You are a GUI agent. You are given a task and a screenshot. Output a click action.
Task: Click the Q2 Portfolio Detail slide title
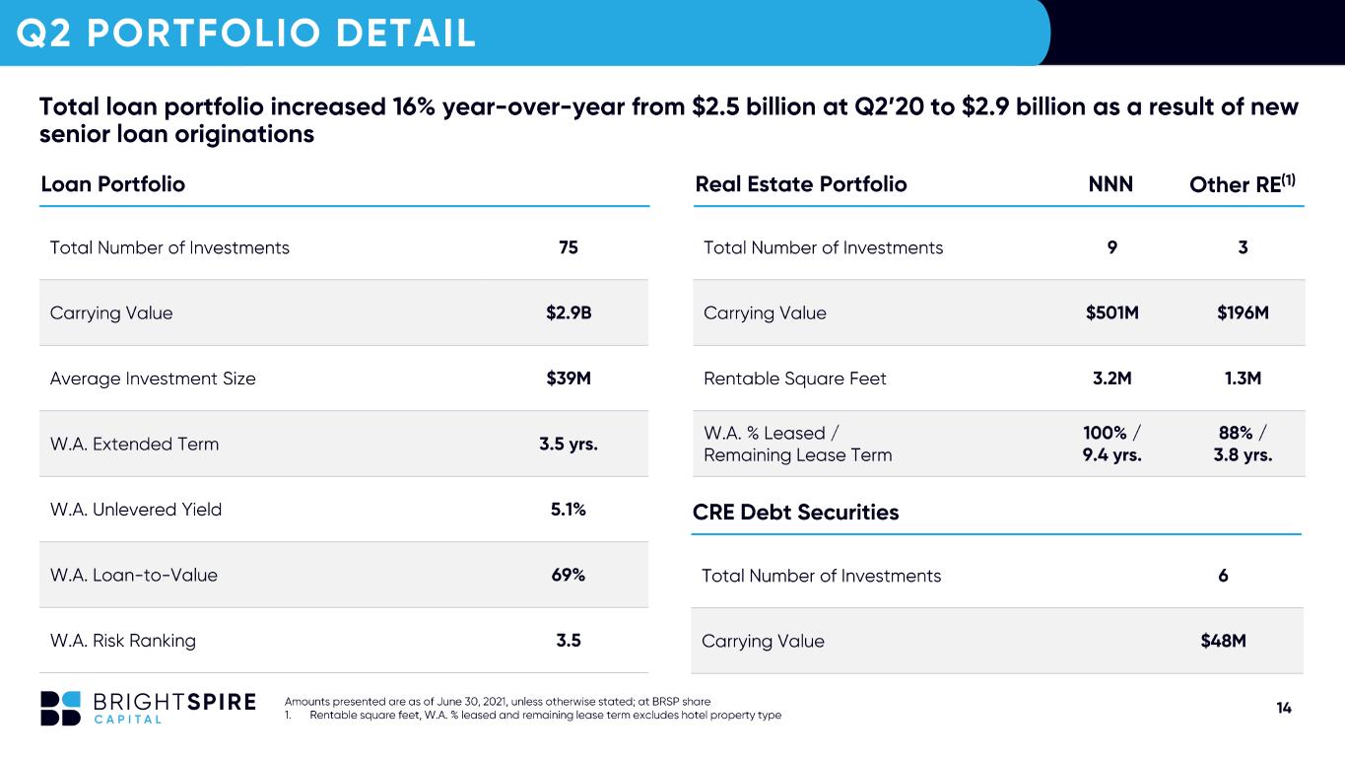(246, 33)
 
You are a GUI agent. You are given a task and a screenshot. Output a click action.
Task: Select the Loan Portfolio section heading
(113, 184)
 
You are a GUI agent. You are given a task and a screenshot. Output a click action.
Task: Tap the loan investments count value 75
(568, 247)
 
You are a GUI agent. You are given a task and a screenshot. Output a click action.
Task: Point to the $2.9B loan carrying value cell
(569, 312)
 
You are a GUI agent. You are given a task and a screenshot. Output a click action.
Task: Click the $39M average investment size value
(569, 378)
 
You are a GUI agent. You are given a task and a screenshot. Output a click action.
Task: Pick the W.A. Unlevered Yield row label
(136, 510)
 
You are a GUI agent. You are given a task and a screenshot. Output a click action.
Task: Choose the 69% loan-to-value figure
(568, 575)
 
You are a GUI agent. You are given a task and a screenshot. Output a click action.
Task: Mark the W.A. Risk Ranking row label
(123, 641)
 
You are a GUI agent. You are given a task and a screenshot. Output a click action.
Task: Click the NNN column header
(1110, 184)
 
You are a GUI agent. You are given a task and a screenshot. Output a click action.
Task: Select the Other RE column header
(1243, 183)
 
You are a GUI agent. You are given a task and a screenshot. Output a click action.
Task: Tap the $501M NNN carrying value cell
(1112, 312)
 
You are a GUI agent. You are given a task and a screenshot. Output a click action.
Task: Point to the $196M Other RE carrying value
(1243, 312)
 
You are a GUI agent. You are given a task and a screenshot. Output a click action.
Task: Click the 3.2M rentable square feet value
(1112, 378)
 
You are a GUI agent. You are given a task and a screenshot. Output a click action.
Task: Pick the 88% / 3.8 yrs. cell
(1243, 444)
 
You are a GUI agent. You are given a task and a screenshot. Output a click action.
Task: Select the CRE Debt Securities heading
(795, 512)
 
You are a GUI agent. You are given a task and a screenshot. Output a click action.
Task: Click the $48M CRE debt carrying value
(1223, 641)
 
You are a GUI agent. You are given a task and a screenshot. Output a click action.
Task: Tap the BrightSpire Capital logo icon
(60, 709)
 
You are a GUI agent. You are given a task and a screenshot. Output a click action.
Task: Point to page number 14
(1284, 708)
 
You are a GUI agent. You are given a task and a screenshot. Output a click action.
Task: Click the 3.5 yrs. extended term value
(568, 444)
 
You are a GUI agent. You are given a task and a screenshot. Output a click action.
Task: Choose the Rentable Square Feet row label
(794, 378)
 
